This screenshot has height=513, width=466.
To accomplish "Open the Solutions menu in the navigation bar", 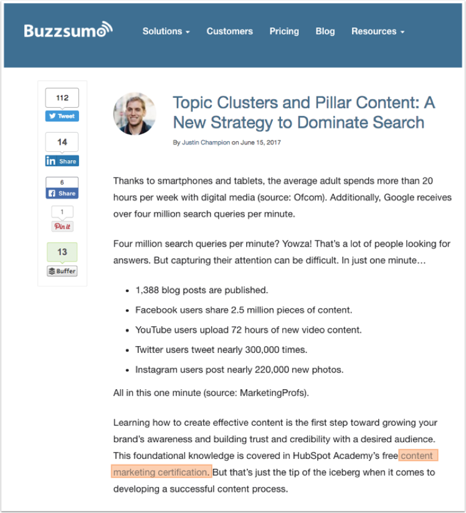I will (166, 31).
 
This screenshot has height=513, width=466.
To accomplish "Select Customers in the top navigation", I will (229, 31).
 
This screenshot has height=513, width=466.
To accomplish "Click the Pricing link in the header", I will (284, 31).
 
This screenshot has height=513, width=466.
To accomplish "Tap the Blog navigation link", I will (325, 31).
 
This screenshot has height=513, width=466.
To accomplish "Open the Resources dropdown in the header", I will (378, 31).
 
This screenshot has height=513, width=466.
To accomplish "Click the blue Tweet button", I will (62, 116).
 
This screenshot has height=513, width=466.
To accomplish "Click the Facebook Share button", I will (62, 193).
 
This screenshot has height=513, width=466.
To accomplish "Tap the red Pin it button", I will (62, 226).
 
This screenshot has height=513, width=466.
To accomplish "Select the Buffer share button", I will (62, 271).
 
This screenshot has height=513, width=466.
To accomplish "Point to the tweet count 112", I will (62, 98).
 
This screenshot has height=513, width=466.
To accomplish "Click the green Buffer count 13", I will (62, 252).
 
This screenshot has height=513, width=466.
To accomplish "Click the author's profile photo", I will (134, 114).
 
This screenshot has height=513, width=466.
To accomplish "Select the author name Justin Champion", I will (206, 143).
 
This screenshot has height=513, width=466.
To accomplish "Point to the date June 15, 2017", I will (260, 143).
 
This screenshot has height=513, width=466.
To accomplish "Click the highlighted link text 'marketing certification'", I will (161, 472).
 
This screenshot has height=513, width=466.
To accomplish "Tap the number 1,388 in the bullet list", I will (148, 290).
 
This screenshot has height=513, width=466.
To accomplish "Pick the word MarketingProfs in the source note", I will (275, 393).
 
